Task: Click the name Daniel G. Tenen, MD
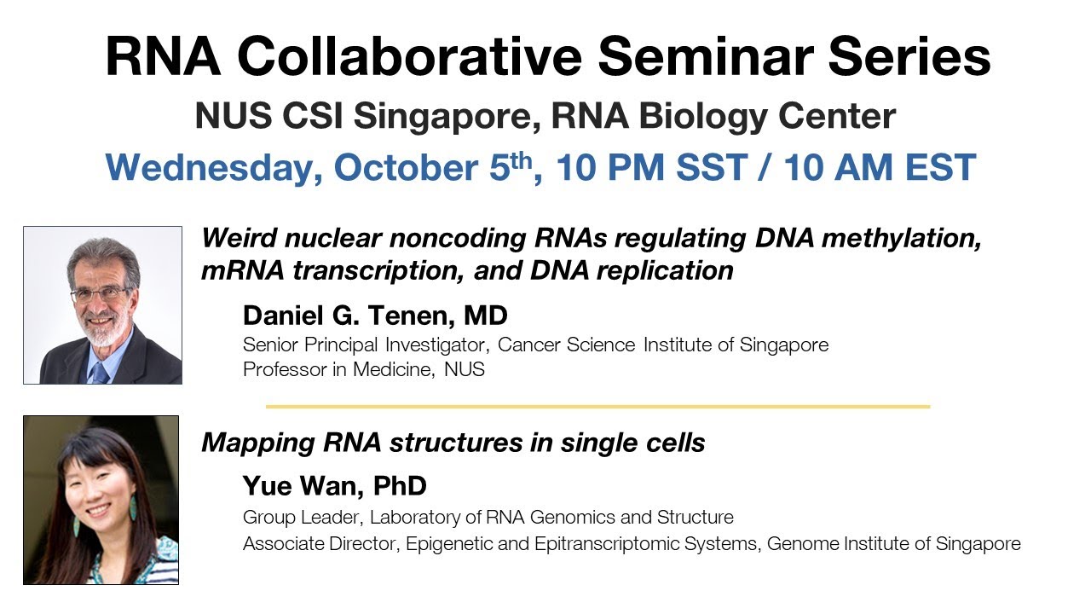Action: click(375, 316)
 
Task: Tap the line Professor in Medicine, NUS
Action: click(363, 370)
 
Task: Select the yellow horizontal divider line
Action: click(597, 407)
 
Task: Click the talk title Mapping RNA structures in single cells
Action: click(453, 443)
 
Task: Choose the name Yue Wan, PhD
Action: click(334, 486)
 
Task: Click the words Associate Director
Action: click(305, 544)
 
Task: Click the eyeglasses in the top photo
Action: click(101, 295)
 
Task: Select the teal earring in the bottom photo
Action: click(133, 507)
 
